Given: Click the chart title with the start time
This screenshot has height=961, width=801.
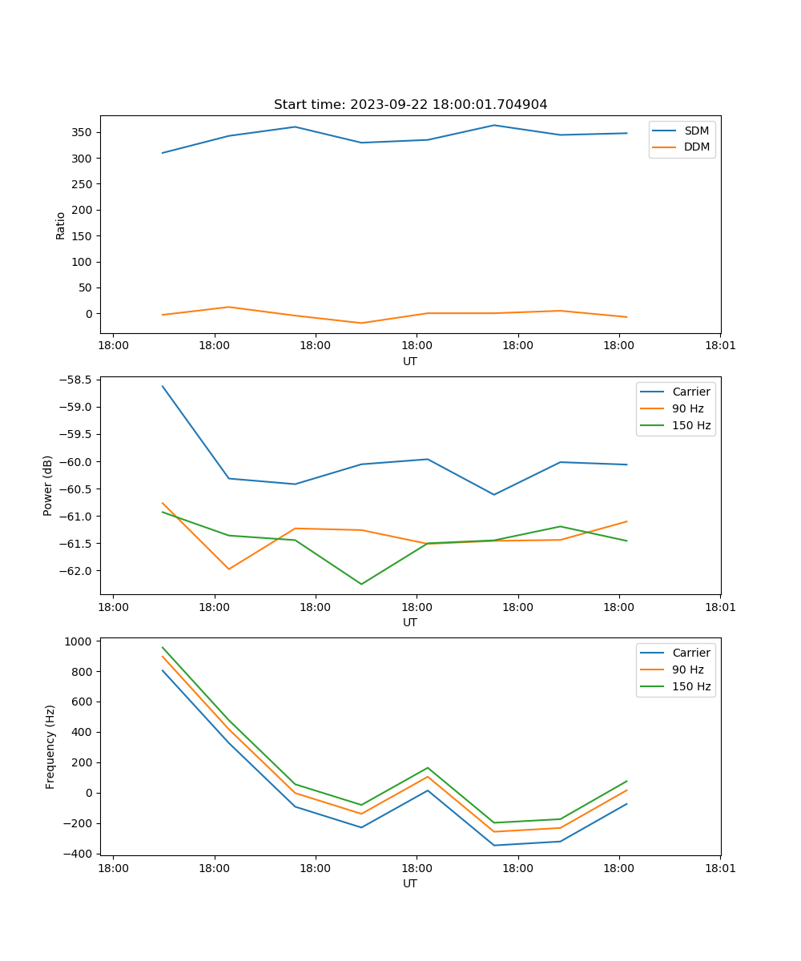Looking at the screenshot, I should click(x=410, y=105).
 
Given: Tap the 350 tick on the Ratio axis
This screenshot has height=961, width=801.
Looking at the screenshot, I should click(x=83, y=132).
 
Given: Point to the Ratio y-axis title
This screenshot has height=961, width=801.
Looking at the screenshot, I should click(x=61, y=225).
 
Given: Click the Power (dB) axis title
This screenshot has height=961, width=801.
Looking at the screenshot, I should click(x=48, y=485).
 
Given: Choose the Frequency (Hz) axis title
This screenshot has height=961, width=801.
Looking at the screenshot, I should click(x=50, y=746).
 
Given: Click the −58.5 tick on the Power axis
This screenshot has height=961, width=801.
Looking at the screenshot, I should click(x=78, y=380).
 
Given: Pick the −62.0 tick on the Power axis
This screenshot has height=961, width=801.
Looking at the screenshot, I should click(x=78, y=571).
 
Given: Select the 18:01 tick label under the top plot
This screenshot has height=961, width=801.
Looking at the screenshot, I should click(x=720, y=346).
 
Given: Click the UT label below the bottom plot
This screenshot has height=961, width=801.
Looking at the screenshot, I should click(x=410, y=883).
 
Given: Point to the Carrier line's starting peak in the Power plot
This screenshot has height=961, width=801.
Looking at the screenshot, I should click(x=163, y=386).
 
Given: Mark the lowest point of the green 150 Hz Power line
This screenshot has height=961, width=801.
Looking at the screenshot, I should click(x=361, y=584).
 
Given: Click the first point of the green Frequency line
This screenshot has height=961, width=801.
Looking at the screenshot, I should click(x=163, y=647).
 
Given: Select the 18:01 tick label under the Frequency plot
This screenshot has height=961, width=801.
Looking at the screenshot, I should click(x=720, y=868).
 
